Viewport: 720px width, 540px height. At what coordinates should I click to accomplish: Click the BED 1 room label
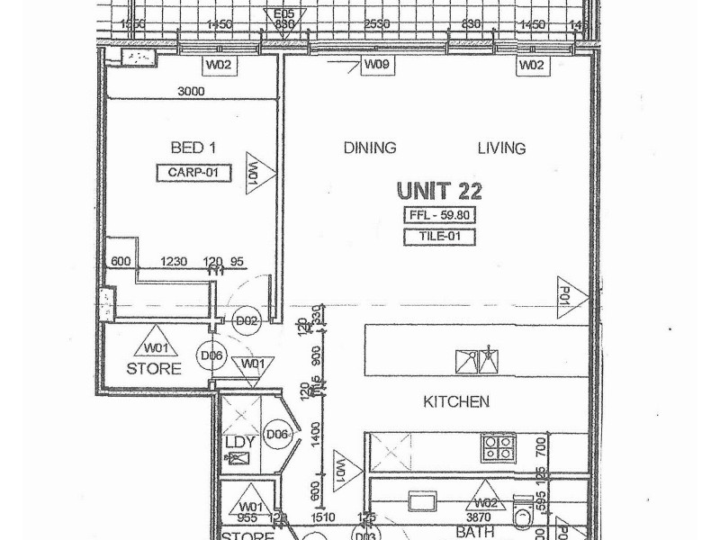(x=193, y=148)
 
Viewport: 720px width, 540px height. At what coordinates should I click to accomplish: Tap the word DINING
(x=370, y=148)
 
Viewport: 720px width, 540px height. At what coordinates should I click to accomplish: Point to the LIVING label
(x=501, y=148)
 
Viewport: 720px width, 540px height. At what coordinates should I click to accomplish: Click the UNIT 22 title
(x=439, y=191)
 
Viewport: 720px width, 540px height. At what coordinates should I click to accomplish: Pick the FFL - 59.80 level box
(x=438, y=215)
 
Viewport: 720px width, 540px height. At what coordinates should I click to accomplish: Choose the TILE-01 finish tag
(x=438, y=238)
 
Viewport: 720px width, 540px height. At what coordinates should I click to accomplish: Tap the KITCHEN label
(x=456, y=401)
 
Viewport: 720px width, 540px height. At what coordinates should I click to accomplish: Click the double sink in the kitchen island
(x=477, y=362)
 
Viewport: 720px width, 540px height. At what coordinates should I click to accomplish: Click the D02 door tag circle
(x=246, y=320)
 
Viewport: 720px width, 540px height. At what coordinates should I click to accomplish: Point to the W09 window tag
(x=375, y=65)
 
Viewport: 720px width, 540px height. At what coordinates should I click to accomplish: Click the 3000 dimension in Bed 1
(x=191, y=91)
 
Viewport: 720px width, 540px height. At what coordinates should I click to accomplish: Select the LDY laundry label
(x=240, y=442)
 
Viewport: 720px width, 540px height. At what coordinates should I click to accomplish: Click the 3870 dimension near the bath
(x=485, y=517)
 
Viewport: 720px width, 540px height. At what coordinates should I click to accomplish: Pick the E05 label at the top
(x=284, y=13)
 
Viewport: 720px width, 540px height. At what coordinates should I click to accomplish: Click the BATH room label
(x=475, y=533)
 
